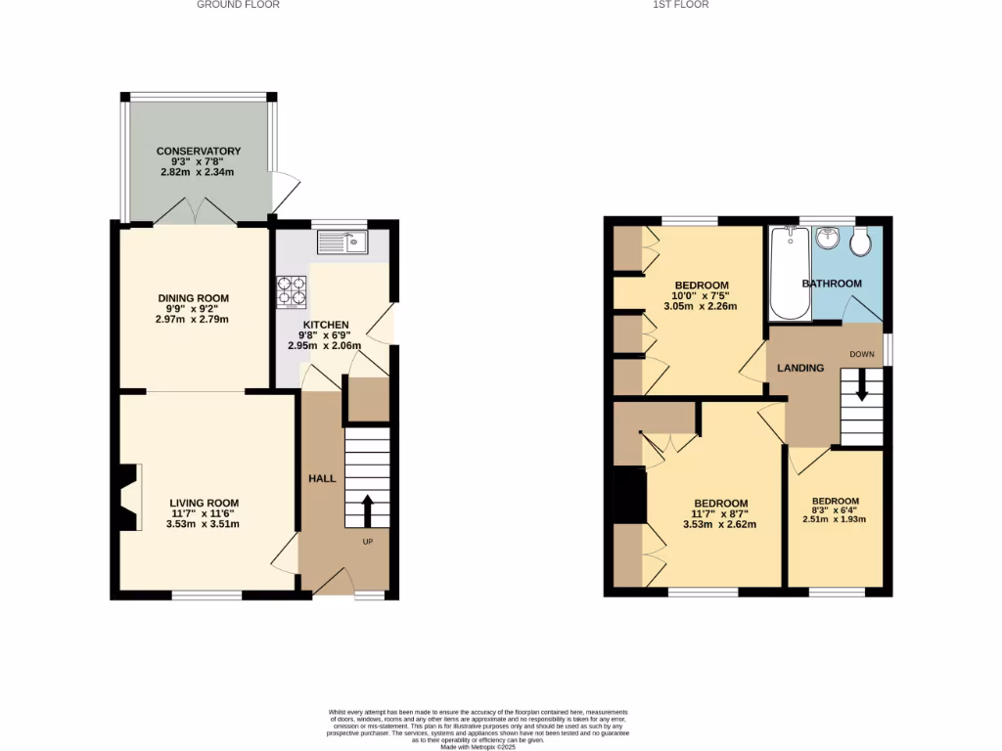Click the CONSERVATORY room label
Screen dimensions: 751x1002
tap(199, 152)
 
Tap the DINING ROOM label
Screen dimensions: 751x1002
tap(194, 298)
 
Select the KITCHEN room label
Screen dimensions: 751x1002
tap(325, 325)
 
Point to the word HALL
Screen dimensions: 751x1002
tap(322, 479)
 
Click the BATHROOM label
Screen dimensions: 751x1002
tap(832, 284)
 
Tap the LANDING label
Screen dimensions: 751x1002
tap(800, 368)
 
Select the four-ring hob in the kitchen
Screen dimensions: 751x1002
tap(292, 291)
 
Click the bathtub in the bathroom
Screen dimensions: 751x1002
tap(788, 273)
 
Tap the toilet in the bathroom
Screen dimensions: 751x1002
tap(861, 243)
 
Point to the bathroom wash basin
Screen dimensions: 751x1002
tap(828, 238)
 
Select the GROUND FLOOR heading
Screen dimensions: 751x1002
tap(238, 5)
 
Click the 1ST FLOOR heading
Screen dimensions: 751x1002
tap(680, 5)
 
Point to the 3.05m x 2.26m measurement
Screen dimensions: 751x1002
tap(700, 306)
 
